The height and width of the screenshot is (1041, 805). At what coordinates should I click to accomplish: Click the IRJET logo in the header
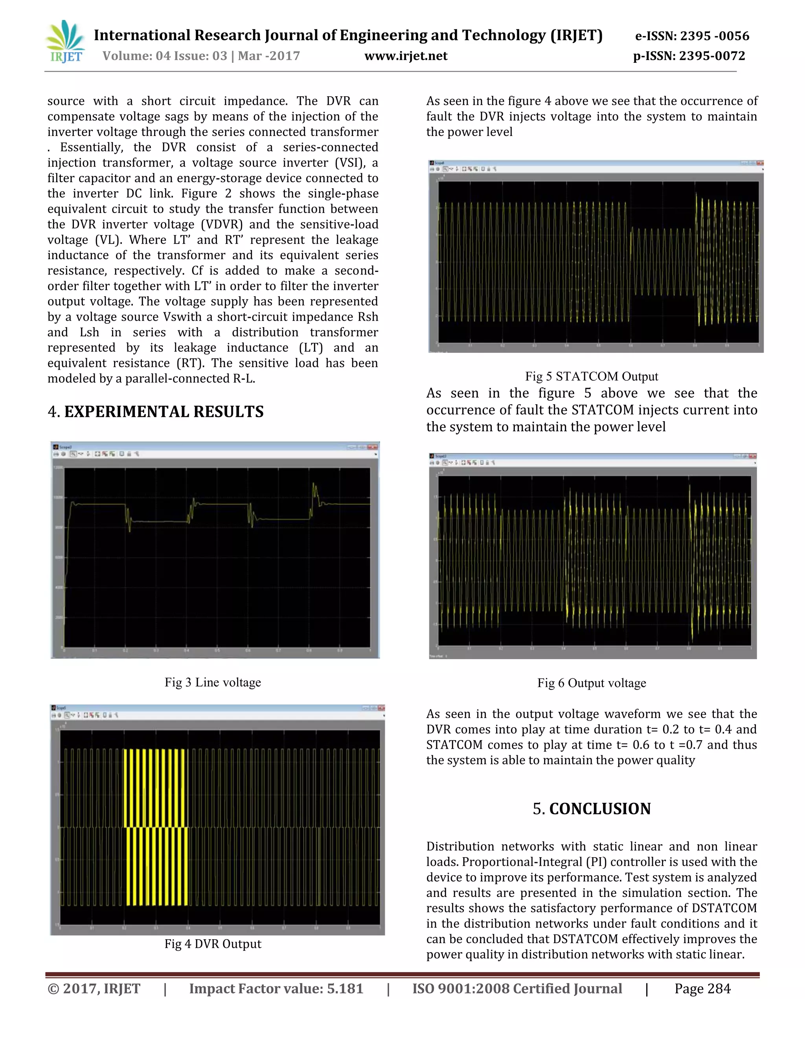click(66, 42)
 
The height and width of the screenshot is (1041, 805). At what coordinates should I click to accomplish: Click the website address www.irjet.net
click(406, 56)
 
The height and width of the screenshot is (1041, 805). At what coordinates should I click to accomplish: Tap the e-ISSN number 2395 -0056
click(714, 36)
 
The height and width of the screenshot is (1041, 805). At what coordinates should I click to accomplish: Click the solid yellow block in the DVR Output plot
click(156, 827)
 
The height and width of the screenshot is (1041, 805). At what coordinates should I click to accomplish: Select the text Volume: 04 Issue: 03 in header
click(165, 56)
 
